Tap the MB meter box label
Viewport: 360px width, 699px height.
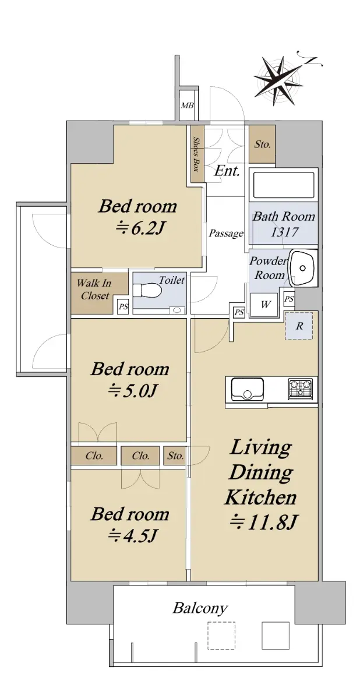point(187,105)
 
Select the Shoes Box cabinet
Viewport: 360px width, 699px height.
point(197,154)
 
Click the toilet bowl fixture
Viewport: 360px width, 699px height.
point(147,291)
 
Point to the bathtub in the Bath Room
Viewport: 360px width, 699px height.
point(284,185)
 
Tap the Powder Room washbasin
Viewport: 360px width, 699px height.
point(302,267)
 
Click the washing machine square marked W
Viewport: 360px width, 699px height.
point(265,305)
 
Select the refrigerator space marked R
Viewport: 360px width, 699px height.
point(299,326)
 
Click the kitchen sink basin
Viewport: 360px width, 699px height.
point(247,389)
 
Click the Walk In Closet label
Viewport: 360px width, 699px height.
point(94,290)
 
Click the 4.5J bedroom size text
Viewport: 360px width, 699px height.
point(132,536)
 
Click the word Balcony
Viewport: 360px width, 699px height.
point(200,609)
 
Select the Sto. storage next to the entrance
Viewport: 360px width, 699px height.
point(262,144)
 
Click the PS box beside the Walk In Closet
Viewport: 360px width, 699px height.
point(123,307)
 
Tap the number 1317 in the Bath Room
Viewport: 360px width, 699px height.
point(284,232)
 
